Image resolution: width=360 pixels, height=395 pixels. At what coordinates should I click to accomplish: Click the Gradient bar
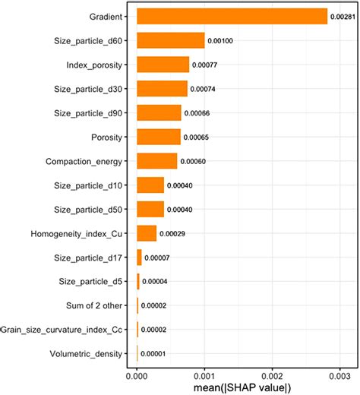(232, 16)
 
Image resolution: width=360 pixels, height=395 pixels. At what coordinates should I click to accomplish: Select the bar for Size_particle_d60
(170, 40)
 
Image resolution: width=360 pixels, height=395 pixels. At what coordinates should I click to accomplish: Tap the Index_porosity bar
(163, 65)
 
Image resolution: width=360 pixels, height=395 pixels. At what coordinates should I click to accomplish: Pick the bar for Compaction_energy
(156, 161)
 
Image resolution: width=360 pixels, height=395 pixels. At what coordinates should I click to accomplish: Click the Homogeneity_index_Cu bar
(146, 233)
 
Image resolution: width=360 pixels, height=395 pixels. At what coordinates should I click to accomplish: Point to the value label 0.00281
(343, 16)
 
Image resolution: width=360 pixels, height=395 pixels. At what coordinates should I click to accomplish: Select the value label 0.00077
(205, 65)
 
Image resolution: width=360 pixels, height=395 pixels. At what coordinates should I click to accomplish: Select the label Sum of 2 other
(95, 305)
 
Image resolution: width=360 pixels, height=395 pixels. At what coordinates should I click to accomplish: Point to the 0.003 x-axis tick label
(339, 375)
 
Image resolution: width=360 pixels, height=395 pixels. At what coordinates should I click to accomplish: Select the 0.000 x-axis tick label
(137, 375)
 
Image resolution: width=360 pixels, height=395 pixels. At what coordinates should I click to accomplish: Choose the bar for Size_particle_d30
(162, 89)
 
